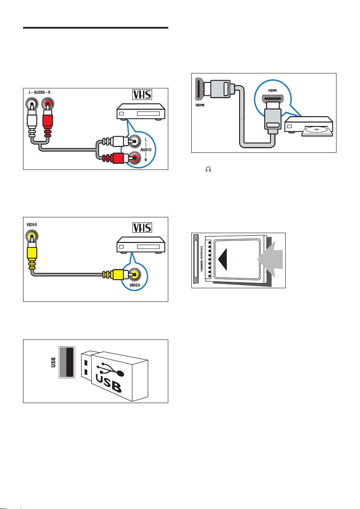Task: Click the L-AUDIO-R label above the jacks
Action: click(40, 93)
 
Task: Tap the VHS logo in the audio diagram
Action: click(142, 95)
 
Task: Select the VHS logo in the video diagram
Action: click(142, 228)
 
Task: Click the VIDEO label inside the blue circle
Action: click(135, 285)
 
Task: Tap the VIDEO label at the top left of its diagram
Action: click(32, 225)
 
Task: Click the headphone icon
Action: click(208, 169)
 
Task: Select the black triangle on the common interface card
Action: click(222, 259)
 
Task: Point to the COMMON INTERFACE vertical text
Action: click(202, 258)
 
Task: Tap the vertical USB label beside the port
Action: click(53, 362)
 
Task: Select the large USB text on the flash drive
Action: click(109, 384)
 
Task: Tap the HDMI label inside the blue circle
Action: click(273, 91)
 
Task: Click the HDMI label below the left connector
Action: click(200, 105)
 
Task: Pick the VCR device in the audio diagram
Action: click(141, 112)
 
